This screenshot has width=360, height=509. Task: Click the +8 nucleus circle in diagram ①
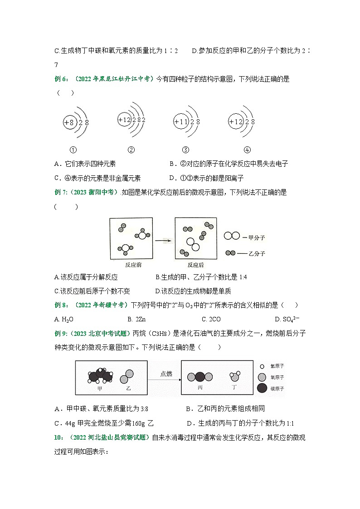click(x=68, y=122)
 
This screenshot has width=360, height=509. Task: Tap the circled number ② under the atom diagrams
click(x=131, y=150)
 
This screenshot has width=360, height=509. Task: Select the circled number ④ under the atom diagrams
click(x=247, y=150)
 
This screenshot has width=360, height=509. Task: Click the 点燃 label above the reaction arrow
click(x=166, y=374)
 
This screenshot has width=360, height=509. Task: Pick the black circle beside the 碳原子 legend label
click(x=262, y=388)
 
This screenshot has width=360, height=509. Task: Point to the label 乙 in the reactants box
click(x=126, y=388)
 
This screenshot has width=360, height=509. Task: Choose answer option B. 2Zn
click(x=136, y=319)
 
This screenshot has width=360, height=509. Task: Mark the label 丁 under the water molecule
click(x=235, y=388)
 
